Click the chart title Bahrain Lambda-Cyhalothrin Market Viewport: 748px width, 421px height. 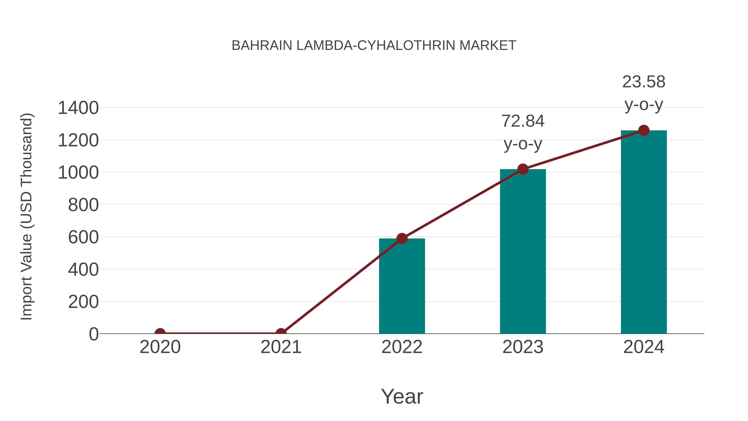click(x=374, y=46)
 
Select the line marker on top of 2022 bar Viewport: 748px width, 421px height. click(x=402, y=238)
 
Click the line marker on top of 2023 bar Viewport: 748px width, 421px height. click(x=523, y=169)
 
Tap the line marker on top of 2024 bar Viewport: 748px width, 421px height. click(x=644, y=130)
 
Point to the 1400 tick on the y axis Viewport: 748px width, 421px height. click(x=78, y=108)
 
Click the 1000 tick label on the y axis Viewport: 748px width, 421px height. click(x=78, y=173)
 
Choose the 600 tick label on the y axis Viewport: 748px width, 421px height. click(x=83, y=237)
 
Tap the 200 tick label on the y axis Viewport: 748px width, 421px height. click(x=83, y=302)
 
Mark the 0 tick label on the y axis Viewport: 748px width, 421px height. click(x=94, y=334)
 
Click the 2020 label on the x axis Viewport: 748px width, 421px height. click(x=160, y=347)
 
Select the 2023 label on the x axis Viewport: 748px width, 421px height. click(x=523, y=347)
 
